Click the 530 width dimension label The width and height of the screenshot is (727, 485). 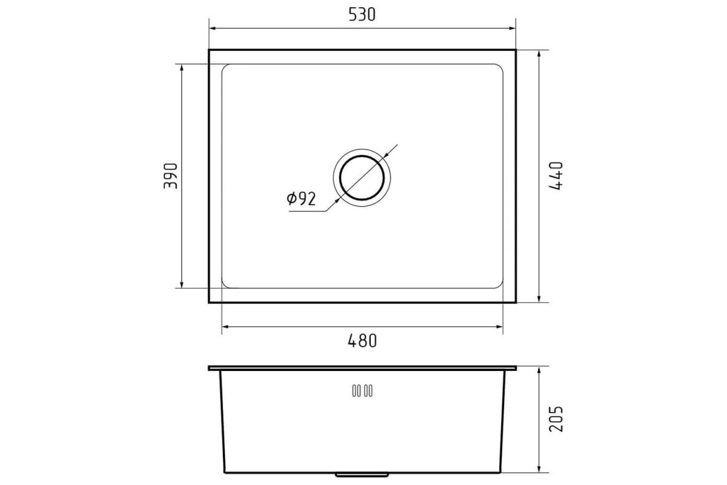click(x=362, y=15)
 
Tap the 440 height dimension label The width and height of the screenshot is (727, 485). click(x=556, y=175)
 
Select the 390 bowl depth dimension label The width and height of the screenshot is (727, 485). click(x=171, y=176)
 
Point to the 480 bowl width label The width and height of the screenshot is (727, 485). click(x=362, y=341)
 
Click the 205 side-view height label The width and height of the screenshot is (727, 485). click(x=556, y=419)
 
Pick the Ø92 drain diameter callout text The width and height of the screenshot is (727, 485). click(x=301, y=199)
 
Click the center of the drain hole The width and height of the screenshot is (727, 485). click(x=362, y=178)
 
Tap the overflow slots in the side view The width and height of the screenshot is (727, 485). click(x=362, y=391)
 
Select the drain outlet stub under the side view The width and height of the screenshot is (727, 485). click(x=362, y=475)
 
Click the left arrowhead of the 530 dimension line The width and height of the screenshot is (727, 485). click(x=213, y=28)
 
